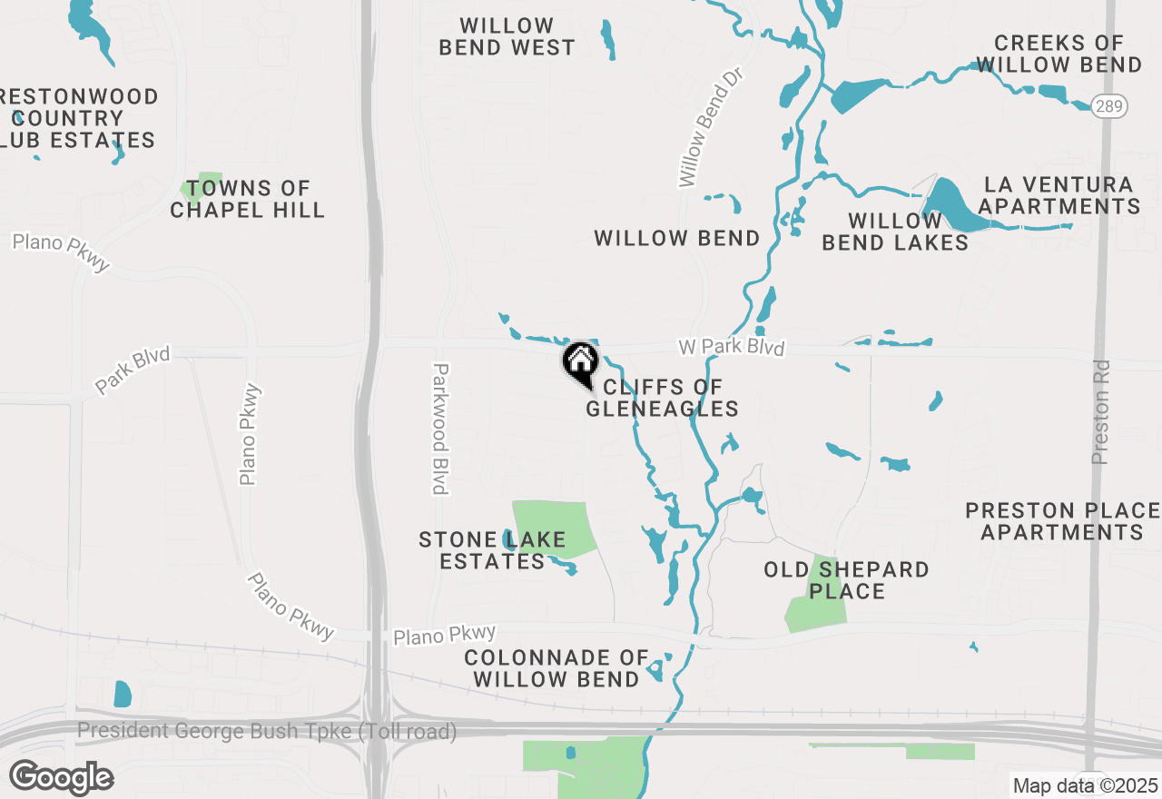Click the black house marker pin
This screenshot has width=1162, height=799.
[x=581, y=364]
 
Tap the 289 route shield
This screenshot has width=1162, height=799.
[x=1109, y=105]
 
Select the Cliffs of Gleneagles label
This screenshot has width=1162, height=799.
[x=662, y=399]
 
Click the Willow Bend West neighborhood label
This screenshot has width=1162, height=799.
[x=507, y=36]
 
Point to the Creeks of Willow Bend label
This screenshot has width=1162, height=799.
[x=1059, y=54]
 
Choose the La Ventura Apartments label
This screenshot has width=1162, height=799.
[x=1059, y=195]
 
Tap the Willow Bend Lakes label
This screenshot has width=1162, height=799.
[x=895, y=232]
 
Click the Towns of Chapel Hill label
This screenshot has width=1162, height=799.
[x=248, y=199]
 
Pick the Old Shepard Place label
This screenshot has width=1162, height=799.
[x=846, y=580]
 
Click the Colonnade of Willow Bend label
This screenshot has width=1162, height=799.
[x=556, y=667]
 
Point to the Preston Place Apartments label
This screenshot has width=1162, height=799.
[x=1062, y=521]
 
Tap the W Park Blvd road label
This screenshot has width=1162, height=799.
[x=731, y=348]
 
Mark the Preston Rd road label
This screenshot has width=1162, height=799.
[x=1101, y=410]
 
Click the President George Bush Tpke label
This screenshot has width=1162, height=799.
[x=267, y=731]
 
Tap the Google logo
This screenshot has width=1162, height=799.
[x=61, y=777]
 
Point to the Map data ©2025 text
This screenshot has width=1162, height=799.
[x=1085, y=785]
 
